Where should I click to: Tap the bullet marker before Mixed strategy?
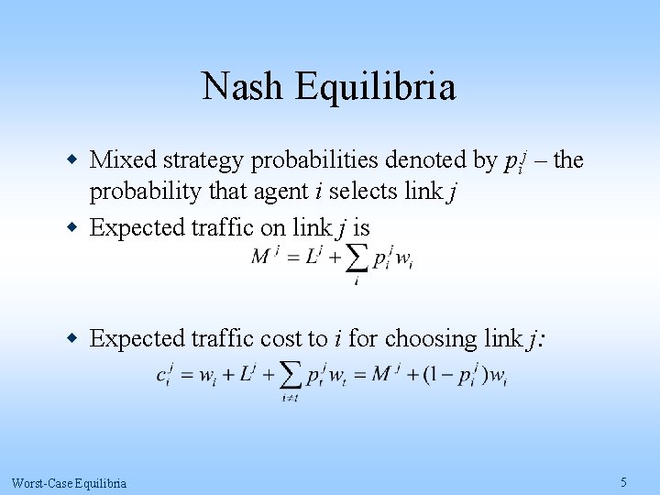coord(72,160)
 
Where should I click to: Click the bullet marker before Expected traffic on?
coord(72,226)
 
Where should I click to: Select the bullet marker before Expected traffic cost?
coord(72,338)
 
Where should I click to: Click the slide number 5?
coord(623,482)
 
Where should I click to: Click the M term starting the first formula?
coord(261,257)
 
